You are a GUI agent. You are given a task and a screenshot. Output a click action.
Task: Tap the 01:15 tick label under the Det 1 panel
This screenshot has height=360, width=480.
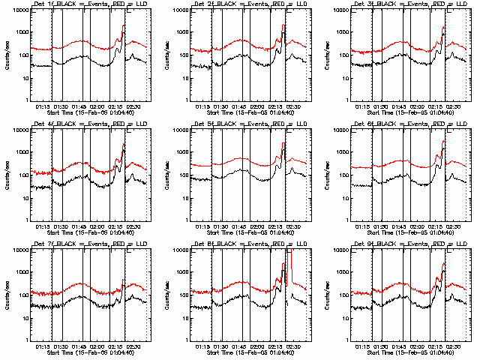tap(42, 107)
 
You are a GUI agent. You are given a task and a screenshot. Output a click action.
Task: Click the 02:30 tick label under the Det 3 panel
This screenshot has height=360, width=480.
tap(452, 107)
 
